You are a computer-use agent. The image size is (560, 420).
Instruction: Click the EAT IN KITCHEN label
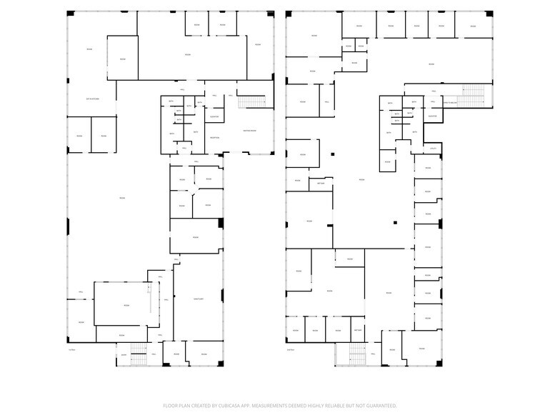pyautogui.click(x=91, y=99)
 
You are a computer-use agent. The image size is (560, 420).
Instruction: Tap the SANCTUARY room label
pyautogui.click(x=199, y=299)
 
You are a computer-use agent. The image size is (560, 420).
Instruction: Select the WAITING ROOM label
pyautogui.click(x=249, y=130)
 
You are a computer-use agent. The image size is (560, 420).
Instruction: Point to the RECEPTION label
pyautogui.click(x=214, y=137)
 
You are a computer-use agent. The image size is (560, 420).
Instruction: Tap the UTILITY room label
pyautogui.click(x=433, y=149)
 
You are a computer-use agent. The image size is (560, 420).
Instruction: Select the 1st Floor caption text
pyautogui.click(x=71, y=350)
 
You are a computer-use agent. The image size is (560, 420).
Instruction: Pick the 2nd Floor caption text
pyautogui.click(x=290, y=350)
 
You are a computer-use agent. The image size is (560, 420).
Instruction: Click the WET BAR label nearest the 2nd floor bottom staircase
pyautogui.click(x=358, y=330)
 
